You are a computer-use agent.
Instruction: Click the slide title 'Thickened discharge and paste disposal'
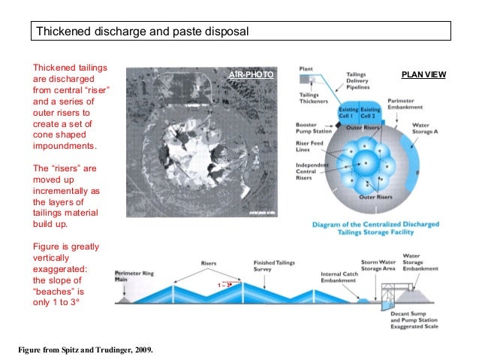point(143,32)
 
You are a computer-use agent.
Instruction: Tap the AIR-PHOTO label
point(252,76)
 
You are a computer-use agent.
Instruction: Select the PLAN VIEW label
point(424,74)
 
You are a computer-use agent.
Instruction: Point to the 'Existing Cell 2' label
point(369,113)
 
